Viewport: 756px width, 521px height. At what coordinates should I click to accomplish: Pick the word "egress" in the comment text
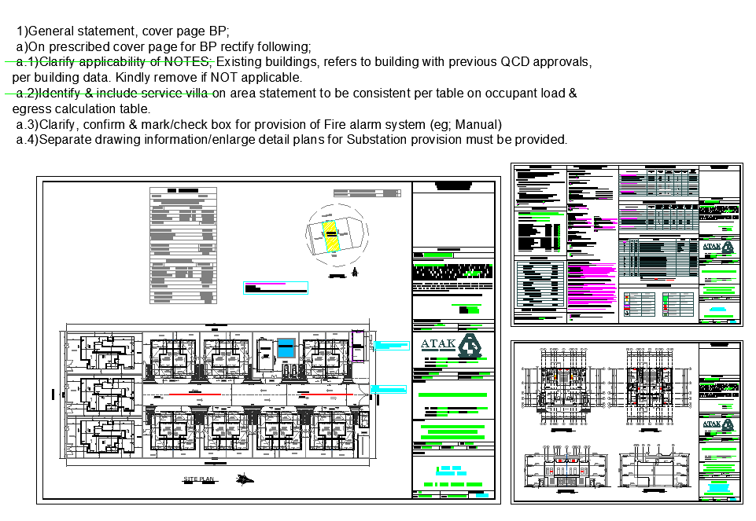[31, 109]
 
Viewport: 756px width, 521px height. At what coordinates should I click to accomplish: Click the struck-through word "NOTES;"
[189, 62]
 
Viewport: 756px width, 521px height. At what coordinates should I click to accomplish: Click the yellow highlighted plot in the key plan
[332, 235]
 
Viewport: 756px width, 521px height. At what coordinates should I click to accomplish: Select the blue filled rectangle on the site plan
[286, 346]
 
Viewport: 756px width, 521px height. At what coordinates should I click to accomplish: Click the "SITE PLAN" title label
[198, 479]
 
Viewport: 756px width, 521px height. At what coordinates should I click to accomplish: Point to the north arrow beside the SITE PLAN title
[246, 478]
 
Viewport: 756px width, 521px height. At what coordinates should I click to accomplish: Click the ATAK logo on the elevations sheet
[720, 425]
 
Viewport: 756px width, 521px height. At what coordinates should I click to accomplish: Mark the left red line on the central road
[189, 393]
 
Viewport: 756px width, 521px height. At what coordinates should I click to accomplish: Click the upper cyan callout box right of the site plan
[392, 345]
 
